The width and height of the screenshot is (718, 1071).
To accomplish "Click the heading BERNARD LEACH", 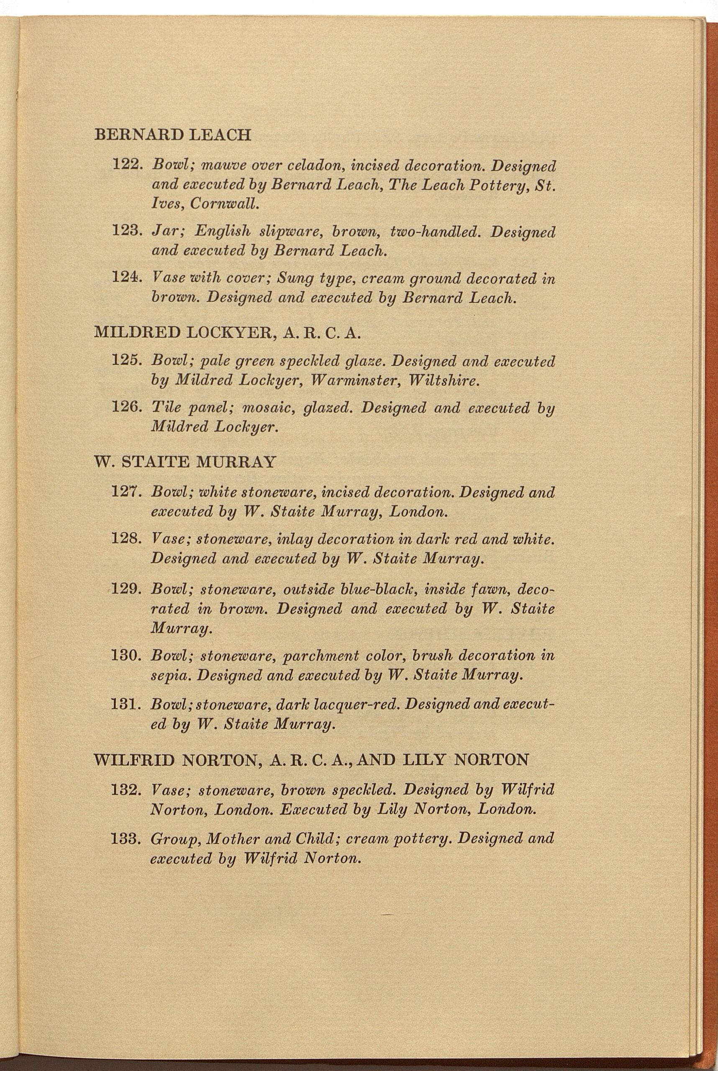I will pyautogui.click(x=173, y=135).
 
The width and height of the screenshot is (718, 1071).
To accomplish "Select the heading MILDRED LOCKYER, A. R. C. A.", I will pyautogui.click(x=227, y=332).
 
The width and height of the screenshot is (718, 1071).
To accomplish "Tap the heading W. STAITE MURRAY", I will pyautogui.click(x=185, y=462).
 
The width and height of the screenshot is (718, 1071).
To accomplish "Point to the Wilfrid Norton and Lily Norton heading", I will pyautogui.click(x=311, y=760).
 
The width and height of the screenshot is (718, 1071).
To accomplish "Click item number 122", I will pyautogui.click(x=126, y=164).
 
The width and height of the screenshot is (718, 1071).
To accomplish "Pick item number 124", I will pyautogui.click(x=126, y=278).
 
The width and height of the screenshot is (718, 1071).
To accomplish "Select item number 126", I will pyautogui.click(x=126, y=407).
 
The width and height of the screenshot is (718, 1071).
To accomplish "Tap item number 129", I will pyautogui.click(x=126, y=589).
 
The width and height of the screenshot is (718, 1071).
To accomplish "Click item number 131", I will pyautogui.click(x=126, y=704).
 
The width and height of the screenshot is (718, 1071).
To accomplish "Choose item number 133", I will pyautogui.click(x=126, y=839).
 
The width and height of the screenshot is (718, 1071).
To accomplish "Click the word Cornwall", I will pyautogui.click(x=224, y=204).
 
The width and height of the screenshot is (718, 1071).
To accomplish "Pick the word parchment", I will pyautogui.click(x=321, y=656).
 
